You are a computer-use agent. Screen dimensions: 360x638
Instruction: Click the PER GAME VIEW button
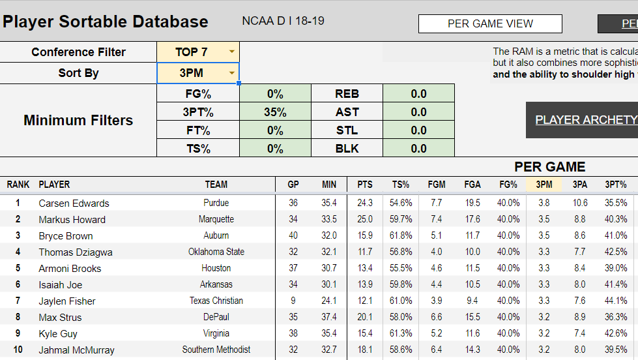click(490, 24)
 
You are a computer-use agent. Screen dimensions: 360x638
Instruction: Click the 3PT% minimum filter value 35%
click(275, 112)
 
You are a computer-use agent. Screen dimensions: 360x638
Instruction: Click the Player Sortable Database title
click(105, 22)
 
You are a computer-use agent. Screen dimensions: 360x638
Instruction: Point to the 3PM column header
click(544, 185)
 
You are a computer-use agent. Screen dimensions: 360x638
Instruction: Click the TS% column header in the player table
click(400, 185)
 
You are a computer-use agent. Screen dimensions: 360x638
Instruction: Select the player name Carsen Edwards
click(74, 203)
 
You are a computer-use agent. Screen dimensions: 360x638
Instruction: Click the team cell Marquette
click(216, 219)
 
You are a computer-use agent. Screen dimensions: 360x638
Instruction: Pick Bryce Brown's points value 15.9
click(365, 235)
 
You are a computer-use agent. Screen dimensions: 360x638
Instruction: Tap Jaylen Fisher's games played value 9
click(293, 301)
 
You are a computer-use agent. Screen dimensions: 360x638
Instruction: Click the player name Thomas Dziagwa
click(75, 252)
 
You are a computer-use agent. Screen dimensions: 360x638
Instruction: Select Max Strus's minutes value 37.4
click(329, 318)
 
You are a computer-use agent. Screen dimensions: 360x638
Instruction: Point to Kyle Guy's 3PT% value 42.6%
click(616, 333)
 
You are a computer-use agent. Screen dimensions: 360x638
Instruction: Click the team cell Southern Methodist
click(216, 350)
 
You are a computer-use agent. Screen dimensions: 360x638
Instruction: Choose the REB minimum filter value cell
click(418, 94)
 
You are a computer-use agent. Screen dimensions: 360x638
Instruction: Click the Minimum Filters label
click(78, 120)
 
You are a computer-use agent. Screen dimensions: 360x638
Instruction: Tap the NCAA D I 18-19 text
click(283, 21)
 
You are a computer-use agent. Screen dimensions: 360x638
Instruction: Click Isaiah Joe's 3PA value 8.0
click(580, 284)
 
